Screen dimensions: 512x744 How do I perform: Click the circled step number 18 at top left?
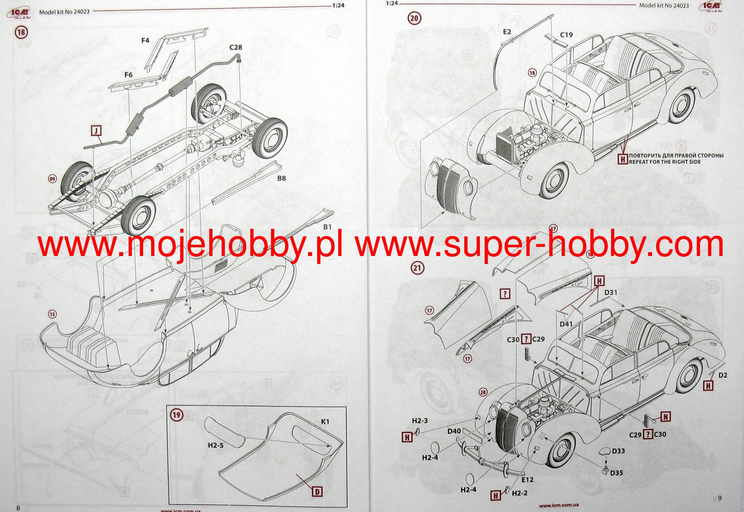[21, 32]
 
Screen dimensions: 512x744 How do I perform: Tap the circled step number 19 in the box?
[177, 415]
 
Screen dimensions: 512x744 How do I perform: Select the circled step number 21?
[417, 268]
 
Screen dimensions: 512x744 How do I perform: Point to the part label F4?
[145, 41]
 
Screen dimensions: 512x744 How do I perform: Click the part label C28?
[236, 48]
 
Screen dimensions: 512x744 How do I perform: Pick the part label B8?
[282, 178]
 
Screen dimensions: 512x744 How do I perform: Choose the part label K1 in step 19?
[325, 422]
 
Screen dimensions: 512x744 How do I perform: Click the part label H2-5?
[216, 445]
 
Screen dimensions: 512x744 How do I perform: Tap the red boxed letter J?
[96, 131]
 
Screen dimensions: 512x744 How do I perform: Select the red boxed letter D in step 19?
[317, 492]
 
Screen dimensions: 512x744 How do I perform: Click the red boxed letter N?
[666, 416]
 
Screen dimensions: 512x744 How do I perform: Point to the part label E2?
[507, 32]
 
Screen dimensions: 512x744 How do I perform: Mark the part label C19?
[566, 35]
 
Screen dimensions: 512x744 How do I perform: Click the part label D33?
[618, 451]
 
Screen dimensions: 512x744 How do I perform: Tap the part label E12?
[527, 480]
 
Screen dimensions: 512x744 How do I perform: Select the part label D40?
[454, 431]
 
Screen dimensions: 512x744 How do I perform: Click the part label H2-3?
[420, 420]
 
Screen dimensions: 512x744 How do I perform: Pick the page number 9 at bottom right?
[720, 498]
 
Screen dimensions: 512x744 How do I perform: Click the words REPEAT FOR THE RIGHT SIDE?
[665, 162]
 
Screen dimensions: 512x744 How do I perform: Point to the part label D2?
[723, 375]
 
